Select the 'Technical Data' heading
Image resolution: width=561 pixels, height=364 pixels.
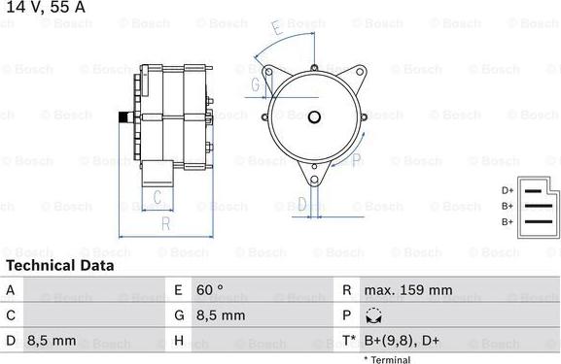pyautogui.click(x=59, y=265)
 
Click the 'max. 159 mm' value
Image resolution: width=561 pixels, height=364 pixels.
pyautogui.click(x=408, y=289)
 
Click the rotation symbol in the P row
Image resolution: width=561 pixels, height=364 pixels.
pyautogui.click(x=375, y=315)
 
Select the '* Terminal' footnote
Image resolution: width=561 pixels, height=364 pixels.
pyautogui.click(x=387, y=359)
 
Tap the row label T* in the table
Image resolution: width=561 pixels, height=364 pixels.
pyautogui.click(x=348, y=340)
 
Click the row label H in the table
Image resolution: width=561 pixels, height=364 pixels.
pyautogui.click(x=179, y=340)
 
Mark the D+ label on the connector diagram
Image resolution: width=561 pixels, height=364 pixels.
pyautogui.click(x=507, y=190)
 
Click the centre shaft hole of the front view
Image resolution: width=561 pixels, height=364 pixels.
pyautogui.click(x=314, y=118)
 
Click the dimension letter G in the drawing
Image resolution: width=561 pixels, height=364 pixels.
pyautogui.click(x=255, y=85)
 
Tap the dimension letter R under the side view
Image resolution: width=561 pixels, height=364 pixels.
pyautogui.click(x=166, y=224)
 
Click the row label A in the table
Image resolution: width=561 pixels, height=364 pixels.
pyautogui.click(x=11, y=289)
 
